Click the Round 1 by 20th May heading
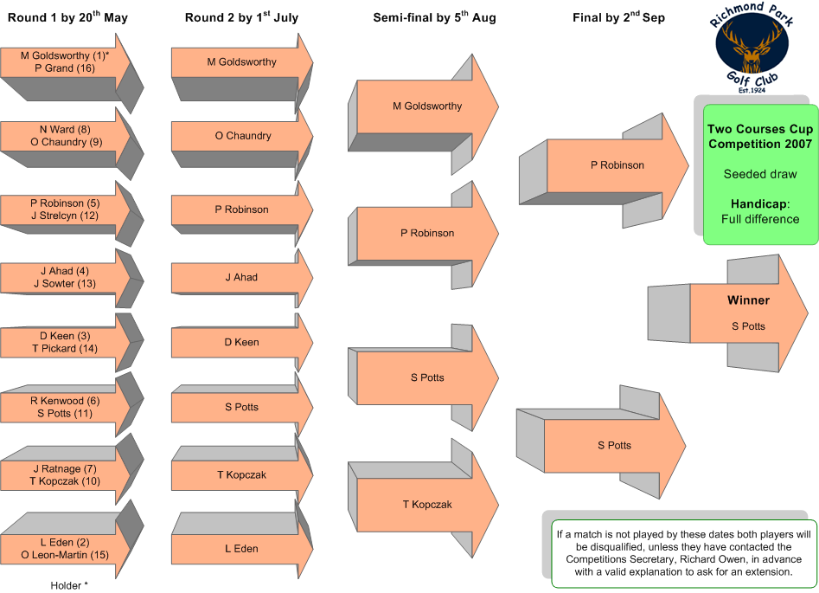click(67, 17)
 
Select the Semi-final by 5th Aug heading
click(434, 17)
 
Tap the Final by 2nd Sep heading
click(618, 17)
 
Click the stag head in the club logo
click(751, 46)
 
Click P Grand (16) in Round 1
click(65, 68)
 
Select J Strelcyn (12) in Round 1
click(65, 216)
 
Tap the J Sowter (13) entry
click(65, 283)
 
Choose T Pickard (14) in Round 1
click(65, 348)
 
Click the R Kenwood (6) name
click(65, 401)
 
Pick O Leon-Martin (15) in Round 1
click(65, 555)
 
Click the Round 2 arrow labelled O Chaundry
click(243, 136)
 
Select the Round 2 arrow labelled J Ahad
click(242, 278)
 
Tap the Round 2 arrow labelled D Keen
click(242, 343)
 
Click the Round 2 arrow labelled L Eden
click(242, 549)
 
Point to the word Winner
click(748, 300)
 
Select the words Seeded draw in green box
click(760, 174)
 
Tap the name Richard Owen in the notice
click(714, 559)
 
